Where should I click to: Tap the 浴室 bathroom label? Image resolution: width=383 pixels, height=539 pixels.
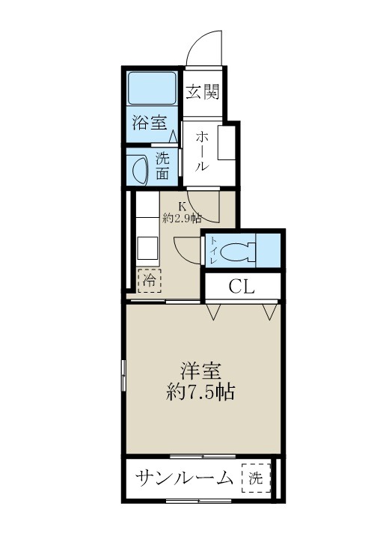[x=150, y=124]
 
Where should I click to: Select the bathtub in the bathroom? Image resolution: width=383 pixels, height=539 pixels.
[x=151, y=89]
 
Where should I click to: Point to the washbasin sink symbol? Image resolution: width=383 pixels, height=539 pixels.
[x=138, y=168]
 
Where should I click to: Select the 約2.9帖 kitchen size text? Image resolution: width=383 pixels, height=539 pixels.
[x=182, y=219]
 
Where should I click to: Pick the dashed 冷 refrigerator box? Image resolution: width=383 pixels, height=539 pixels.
[x=149, y=281]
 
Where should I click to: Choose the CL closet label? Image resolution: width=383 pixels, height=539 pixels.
[x=242, y=285]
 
